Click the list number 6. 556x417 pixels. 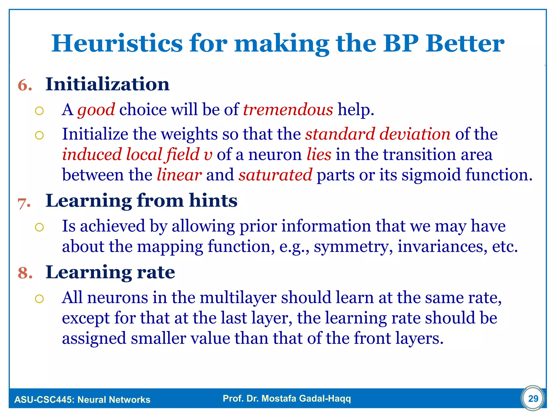click(x=25, y=85)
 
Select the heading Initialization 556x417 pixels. click(x=107, y=84)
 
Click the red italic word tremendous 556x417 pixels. click(x=288, y=110)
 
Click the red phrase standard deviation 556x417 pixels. click(x=378, y=134)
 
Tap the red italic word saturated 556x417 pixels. click(x=275, y=175)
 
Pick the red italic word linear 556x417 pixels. click(x=179, y=175)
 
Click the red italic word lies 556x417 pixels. click(x=319, y=154)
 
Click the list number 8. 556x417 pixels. click(x=25, y=273)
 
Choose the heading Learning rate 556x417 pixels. click(x=110, y=272)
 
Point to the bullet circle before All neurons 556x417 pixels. click(x=39, y=299)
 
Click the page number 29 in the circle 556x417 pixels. click(x=533, y=399)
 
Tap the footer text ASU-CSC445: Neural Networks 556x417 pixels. click(x=82, y=400)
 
